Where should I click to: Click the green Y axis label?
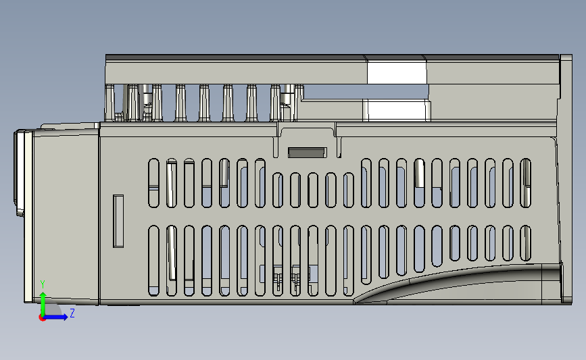(43, 284)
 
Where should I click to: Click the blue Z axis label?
(72, 314)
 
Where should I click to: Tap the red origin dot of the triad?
(43, 318)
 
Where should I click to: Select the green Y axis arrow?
(43, 302)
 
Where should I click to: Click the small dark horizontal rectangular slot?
(307, 152)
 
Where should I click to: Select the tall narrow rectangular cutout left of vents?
(118, 221)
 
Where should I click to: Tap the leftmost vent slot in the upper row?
(153, 182)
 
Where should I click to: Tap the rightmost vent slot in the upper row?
(525, 182)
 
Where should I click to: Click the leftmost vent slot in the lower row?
(153, 261)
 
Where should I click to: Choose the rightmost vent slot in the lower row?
(525, 242)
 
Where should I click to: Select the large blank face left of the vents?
(64, 216)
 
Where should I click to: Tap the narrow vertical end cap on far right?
(562, 176)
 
